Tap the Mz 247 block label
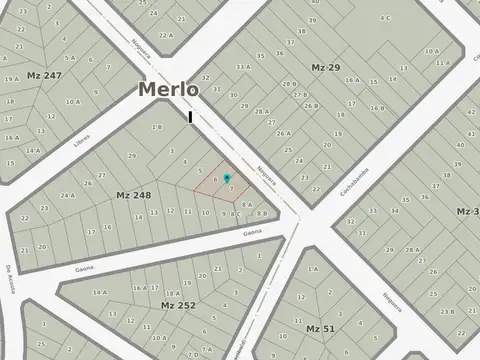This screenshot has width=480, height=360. (45, 75)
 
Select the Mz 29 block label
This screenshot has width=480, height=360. (326, 67)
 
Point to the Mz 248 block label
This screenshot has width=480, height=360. (133, 195)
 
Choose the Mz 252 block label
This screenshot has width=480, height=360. (178, 303)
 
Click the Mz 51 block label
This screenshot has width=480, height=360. (320, 328)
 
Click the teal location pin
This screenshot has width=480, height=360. (227, 179)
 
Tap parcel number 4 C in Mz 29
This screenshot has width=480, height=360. (385, 18)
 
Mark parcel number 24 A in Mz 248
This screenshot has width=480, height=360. (67, 195)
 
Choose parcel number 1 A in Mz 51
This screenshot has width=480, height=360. (313, 269)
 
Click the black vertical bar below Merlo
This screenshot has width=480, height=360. (189, 117)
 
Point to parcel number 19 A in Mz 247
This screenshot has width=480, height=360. (12, 78)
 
